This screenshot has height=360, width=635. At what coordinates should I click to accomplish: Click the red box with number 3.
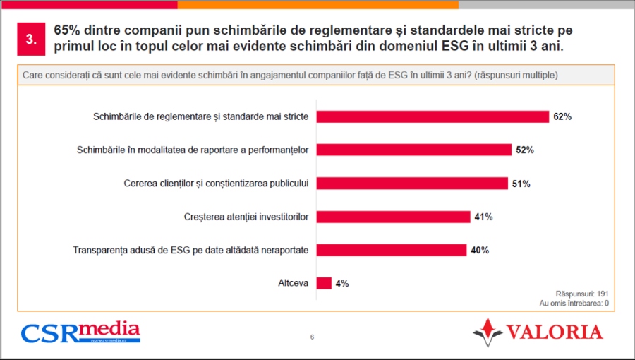coord(31,40)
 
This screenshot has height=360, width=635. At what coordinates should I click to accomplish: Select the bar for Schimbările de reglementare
coord(432,116)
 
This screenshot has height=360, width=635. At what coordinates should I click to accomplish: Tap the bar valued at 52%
coord(413,150)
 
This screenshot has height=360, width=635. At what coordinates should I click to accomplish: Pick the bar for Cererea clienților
coord(412,184)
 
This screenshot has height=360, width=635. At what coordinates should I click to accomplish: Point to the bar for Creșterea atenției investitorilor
coord(393,217)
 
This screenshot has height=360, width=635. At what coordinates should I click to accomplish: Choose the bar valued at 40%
coord(391,250)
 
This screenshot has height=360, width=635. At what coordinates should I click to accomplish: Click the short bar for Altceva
coord(324,283)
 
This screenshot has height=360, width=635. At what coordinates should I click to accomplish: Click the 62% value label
coord(562,116)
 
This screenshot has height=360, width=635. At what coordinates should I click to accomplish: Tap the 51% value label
coord(521,184)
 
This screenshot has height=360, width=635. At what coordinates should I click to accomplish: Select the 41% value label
coord(483,217)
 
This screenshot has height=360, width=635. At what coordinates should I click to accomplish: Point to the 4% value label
coord(342,283)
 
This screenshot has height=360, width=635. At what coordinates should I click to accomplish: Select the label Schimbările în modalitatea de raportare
coord(192,150)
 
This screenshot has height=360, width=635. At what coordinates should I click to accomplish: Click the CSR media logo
coord(80,332)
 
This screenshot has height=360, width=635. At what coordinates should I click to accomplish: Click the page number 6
coord(312,337)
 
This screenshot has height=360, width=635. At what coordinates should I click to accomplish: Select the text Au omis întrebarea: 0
coord(574,303)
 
